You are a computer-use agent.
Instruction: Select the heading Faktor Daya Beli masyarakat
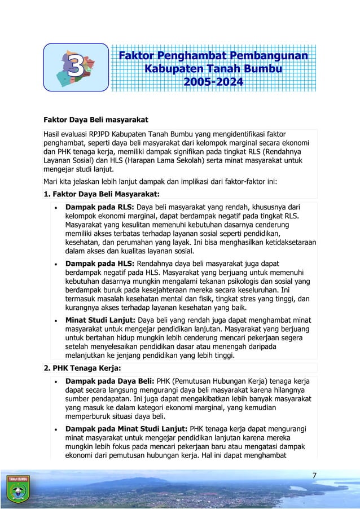tap(95, 120)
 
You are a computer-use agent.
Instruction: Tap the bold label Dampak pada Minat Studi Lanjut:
tap(128, 428)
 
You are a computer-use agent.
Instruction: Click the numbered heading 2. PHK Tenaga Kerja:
tap(82, 368)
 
